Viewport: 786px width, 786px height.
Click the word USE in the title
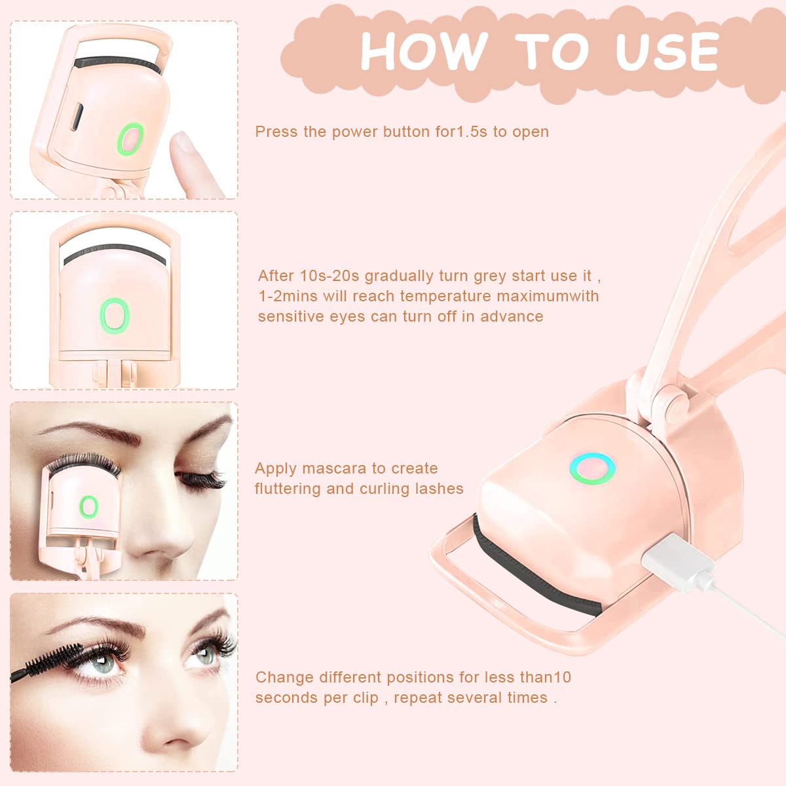pyautogui.click(x=666, y=50)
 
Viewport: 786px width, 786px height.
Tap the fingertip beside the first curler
pyautogui.click(x=185, y=148)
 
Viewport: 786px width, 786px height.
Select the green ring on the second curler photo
pyautogui.click(x=115, y=314)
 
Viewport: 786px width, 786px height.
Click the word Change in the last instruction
pyautogui.click(x=284, y=677)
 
